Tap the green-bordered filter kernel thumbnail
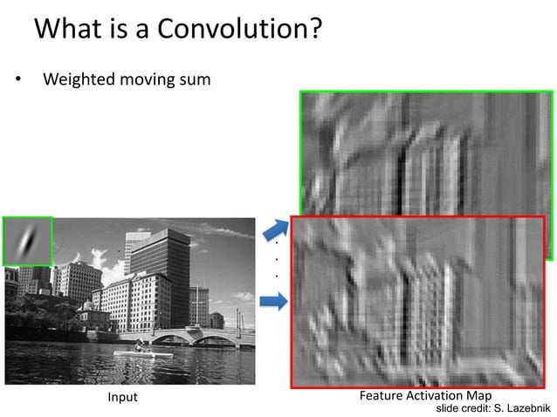coord(27,241)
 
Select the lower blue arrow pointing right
coord(274,301)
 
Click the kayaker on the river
coord(138,347)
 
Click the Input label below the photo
coord(122,398)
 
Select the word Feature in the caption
coord(382,396)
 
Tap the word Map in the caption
coord(480,396)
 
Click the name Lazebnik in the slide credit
coord(526,407)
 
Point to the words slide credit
coord(464,407)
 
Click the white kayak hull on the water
coord(144,353)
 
